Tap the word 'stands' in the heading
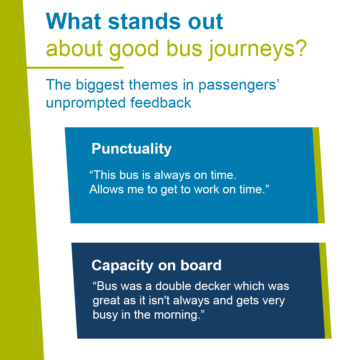pyautogui.click(x=144, y=21)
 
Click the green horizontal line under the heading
pyautogui.click(x=75, y=67)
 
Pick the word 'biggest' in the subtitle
pyautogui.click(x=100, y=85)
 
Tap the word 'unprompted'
pyautogui.click(x=86, y=103)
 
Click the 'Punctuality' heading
pyautogui.click(x=132, y=149)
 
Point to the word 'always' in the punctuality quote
pyautogui.click(x=172, y=176)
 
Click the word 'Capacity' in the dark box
pyautogui.click(x=122, y=266)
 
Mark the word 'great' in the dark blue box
pyautogui.click(x=106, y=301)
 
